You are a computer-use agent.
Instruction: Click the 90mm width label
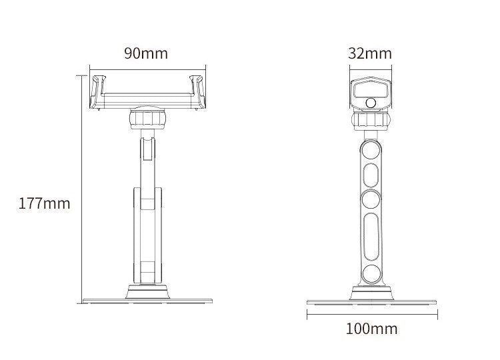click(x=146, y=53)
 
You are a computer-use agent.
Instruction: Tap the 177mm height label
click(x=44, y=203)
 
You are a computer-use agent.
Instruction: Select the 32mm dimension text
click(x=370, y=53)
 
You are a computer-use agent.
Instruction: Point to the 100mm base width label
click(x=372, y=328)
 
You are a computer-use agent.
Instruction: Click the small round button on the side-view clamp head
click(x=370, y=103)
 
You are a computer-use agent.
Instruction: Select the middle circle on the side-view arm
click(x=371, y=199)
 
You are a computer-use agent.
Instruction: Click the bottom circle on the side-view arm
click(x=371, y=271)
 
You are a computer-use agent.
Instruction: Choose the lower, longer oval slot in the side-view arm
click(x=371, y=235)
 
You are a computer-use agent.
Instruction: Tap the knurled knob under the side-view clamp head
click(x=371, y=121)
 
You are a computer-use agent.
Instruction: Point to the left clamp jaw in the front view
click(x=99, y=91)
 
